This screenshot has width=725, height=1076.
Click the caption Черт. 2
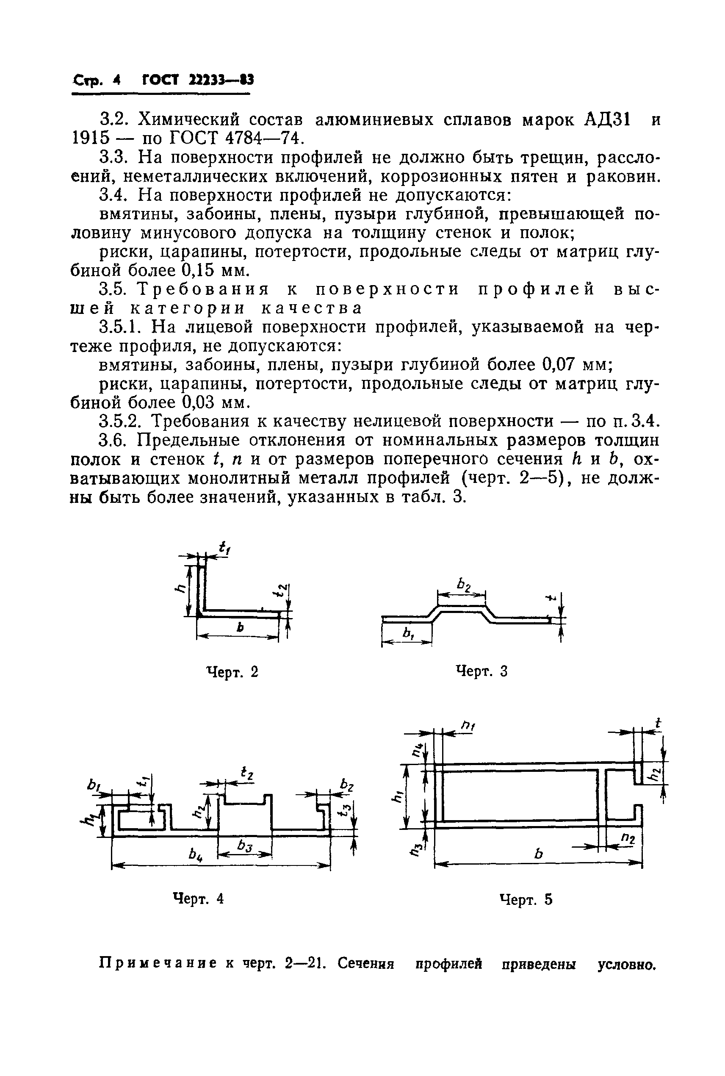point(232,671)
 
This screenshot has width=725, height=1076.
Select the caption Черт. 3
point(481,671)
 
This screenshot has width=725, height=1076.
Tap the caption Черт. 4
point(198,899)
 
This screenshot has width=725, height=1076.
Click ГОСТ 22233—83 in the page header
point(198,80)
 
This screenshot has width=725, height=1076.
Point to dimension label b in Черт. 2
point(240,627)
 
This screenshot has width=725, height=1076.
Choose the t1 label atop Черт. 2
point(225,549)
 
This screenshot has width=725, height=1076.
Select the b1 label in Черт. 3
point(408,635)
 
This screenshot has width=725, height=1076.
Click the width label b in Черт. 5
point(538,854)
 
